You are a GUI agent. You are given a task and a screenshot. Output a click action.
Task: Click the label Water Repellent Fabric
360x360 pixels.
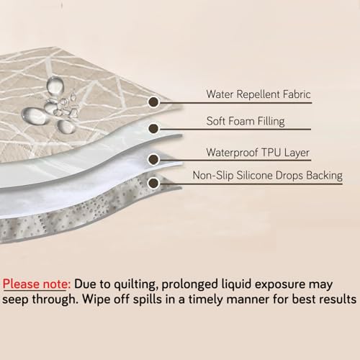[258, 94]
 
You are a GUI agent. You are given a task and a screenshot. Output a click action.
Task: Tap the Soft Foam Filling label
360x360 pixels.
[246, 121]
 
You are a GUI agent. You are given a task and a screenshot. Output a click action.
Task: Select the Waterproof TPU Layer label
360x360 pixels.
[258, 153]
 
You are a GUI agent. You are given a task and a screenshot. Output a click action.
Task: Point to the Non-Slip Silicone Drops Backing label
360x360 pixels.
[268, 176]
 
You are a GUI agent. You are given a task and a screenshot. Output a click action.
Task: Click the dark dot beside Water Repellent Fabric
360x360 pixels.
[153, 102]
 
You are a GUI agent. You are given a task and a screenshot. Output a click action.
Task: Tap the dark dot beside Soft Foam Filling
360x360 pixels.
[153, 128]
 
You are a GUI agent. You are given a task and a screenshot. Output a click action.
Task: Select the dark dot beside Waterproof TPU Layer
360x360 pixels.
[153, 159]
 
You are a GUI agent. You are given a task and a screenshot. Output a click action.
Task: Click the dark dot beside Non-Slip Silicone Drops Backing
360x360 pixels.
[153, 184]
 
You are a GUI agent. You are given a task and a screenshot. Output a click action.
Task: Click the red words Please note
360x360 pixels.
[37, 284]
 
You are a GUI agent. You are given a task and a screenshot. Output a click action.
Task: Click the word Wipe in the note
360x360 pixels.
[96, 300]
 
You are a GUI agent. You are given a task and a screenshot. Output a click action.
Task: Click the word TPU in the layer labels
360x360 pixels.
[271, 152]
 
